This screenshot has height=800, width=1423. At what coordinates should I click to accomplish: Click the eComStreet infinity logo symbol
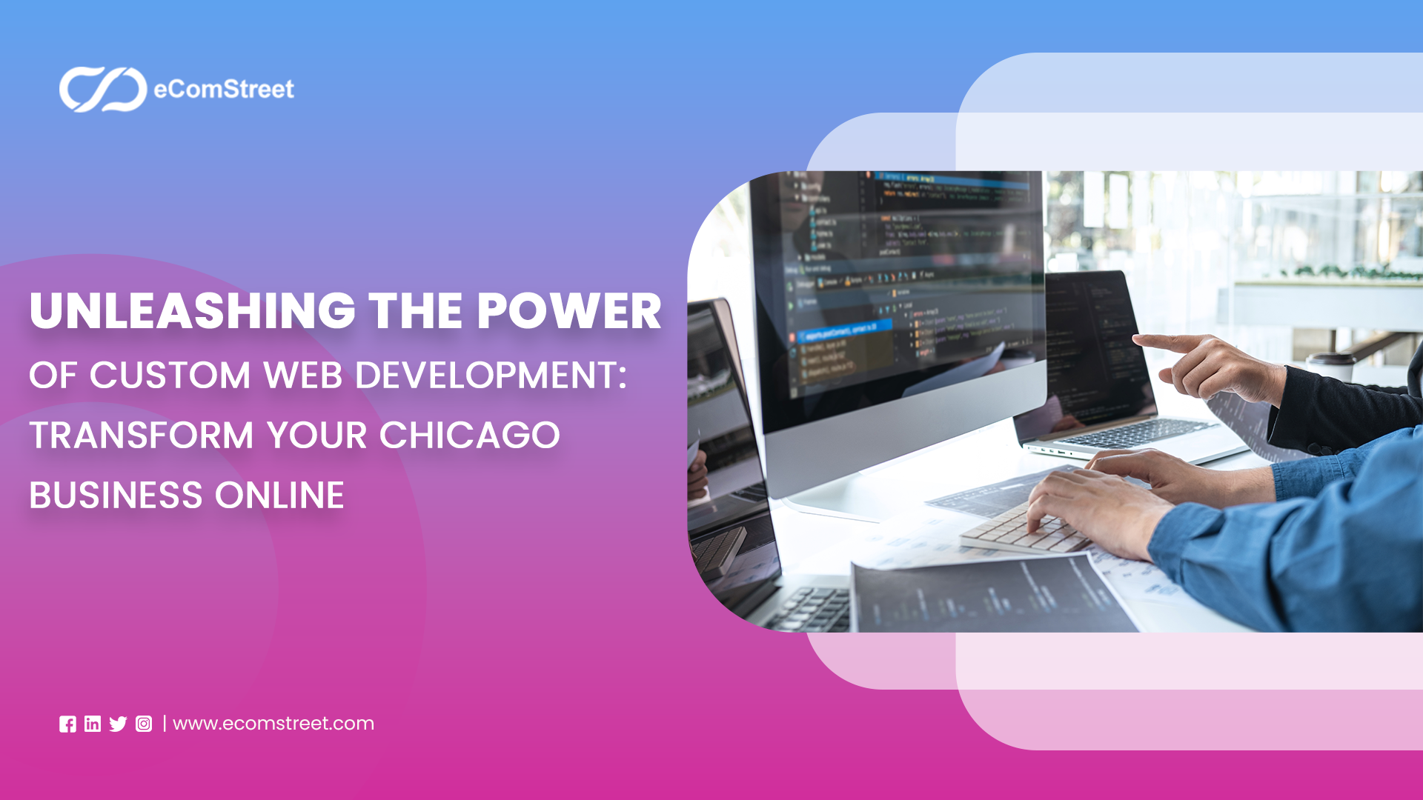pos(103,90)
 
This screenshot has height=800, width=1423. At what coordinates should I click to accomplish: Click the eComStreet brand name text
pos(223,90)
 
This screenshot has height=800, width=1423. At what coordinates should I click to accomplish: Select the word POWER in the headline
pos(568,311)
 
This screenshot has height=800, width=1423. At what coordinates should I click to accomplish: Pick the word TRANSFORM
pos(141,436)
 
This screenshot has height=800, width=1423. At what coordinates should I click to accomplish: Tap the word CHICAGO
pos(469,436)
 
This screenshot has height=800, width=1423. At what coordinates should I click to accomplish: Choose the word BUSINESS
pos(116,496)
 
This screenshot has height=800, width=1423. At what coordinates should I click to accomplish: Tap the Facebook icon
pos(67,724)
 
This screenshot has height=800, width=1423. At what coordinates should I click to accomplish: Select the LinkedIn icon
pos(93,724)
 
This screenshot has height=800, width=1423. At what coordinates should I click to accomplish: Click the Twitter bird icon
pos(118,724)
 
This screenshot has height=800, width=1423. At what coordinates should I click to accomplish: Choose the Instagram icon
pos(144,724)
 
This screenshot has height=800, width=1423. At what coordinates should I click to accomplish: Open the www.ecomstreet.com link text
pos(273,724)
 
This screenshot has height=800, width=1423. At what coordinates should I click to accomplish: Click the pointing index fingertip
pos(1138,339)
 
